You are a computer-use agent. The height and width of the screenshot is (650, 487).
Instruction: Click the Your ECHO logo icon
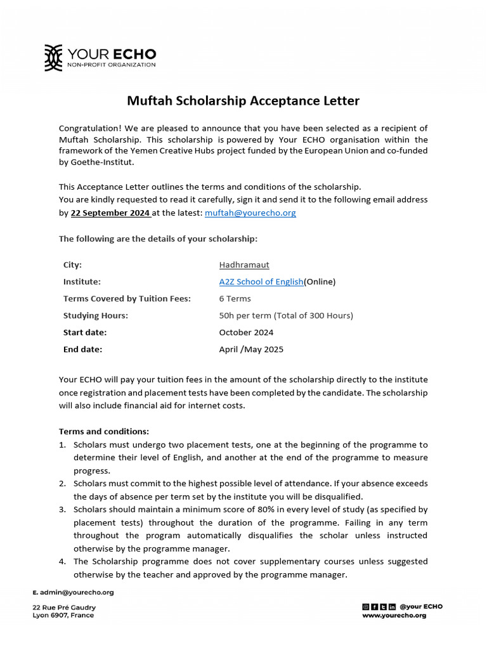(53, 58)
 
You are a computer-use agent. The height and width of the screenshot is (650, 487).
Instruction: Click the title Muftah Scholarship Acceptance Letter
(243, 101)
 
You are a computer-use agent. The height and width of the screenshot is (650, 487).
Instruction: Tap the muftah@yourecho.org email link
(250, 213)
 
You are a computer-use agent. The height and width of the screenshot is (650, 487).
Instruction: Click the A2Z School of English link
(261, 282)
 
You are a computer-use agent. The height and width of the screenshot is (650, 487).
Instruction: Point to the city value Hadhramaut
(244, 265)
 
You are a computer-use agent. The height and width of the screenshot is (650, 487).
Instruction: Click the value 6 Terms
(235, 299)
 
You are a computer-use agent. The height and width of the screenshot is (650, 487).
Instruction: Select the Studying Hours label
(95, 315)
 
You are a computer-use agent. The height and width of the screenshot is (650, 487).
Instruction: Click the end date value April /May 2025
(251, 349)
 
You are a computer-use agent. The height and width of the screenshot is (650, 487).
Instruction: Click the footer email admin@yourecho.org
(77, 592)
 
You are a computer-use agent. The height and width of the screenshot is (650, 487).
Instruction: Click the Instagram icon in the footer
(365, 607)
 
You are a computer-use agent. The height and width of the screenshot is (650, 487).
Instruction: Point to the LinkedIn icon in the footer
(392, 607)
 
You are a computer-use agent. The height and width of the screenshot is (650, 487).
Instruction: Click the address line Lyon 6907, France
(63, 615)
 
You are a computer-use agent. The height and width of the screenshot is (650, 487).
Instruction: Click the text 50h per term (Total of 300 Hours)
(286, 315)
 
